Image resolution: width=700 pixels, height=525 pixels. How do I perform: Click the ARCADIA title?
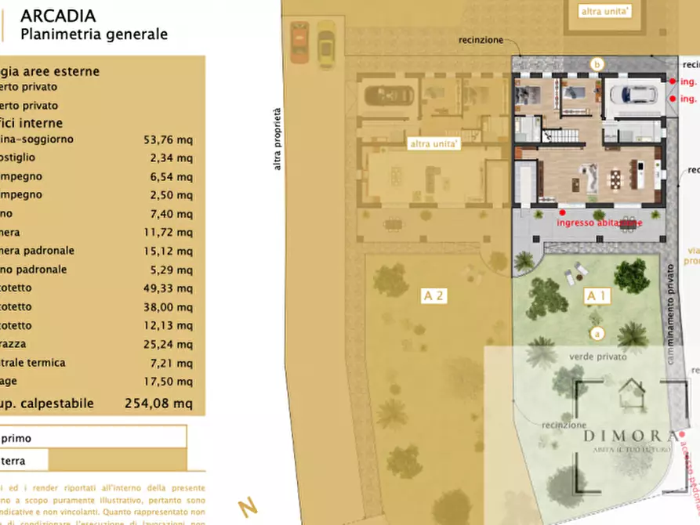click(58, 16)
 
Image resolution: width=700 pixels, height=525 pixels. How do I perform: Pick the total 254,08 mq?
click(158, 404)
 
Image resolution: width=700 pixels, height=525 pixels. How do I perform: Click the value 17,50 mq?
click(168, 381)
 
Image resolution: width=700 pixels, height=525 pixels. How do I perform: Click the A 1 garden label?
click(597, 296)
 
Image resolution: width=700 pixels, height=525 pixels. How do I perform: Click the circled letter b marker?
click(598, 64)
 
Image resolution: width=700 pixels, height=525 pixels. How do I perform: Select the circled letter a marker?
click(597, 333)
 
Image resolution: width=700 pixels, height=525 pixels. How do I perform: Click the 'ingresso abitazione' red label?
click(599, 223)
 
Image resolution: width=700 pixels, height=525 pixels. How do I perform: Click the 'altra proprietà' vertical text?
click(276, 139)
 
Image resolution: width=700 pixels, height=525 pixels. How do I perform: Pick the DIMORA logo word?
click(629, 436)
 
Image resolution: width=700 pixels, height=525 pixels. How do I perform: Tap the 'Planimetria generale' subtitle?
click(94, 34)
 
